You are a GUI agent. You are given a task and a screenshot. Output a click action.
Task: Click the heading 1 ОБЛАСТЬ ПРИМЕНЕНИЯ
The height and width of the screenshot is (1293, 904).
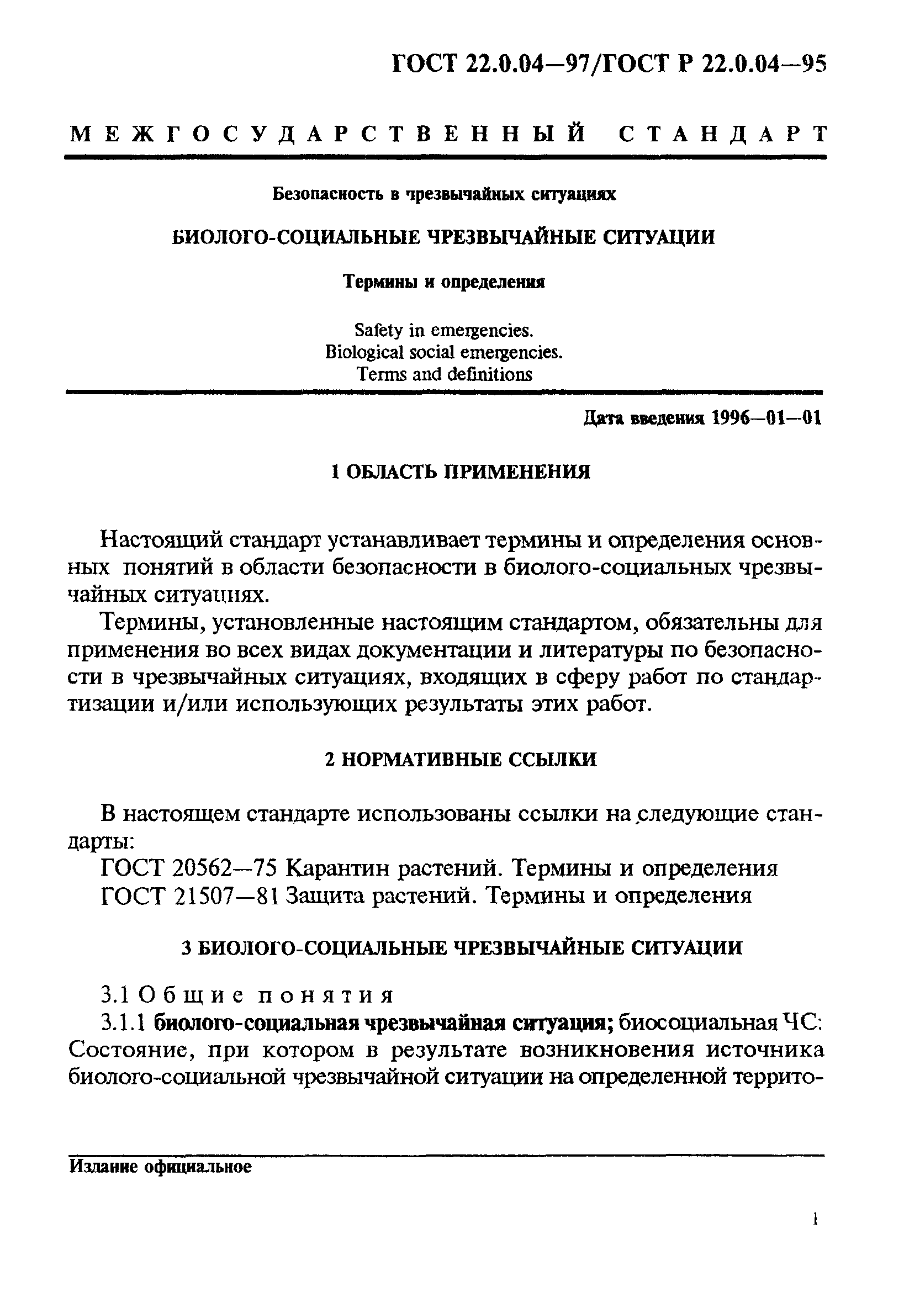point(459,472)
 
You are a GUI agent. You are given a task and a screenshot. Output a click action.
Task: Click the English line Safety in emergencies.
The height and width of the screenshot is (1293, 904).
point(443,330)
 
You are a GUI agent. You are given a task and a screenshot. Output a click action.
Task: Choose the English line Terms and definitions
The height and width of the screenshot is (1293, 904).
point(444,374)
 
